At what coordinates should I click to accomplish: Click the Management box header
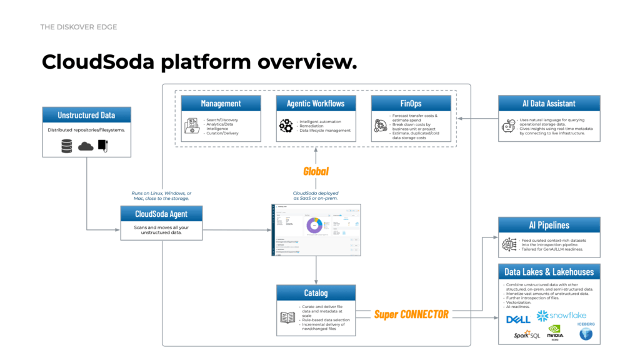(x=221, y=103)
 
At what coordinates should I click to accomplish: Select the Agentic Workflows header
(x=316, y=103)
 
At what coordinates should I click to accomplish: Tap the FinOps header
(x=410, y=103)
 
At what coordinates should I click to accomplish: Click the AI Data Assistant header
(x=549, y=103)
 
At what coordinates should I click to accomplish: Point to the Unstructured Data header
(x=86, y=115)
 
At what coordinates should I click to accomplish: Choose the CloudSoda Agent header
(x=161, y=214)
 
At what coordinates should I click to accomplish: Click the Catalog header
(x=316, y=292)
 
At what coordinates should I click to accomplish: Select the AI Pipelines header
(x=549, y=225)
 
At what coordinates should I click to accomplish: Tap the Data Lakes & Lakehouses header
(x=549, y=271)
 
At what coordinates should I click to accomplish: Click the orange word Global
(x=316, y=171)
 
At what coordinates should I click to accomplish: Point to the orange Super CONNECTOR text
(x=411, y=314)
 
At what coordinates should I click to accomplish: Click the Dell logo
(x=518, y=319)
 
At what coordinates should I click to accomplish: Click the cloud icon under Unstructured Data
(x=86, y=146)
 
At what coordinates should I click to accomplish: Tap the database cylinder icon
(x=66, y=146)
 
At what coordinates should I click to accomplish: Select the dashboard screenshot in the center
(x=316, y=229)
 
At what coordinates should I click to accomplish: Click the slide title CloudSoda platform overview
(x=199, y=62)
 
